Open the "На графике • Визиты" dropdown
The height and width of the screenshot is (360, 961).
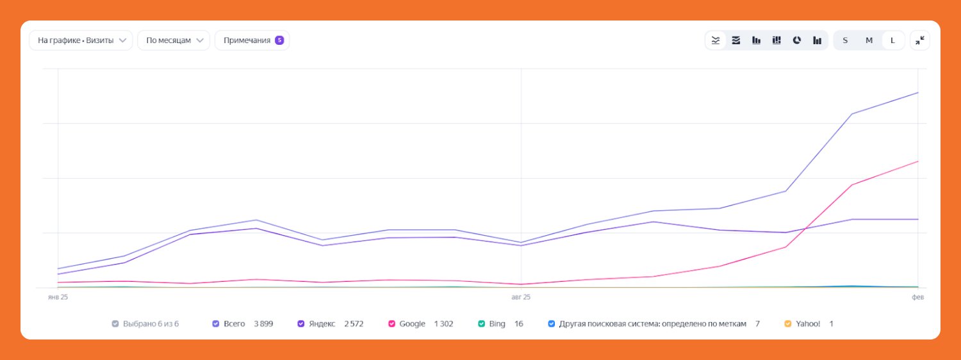pos(81,40)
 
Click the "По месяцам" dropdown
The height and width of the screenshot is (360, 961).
pos(174,40)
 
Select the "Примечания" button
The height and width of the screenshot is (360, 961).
pos(246,40)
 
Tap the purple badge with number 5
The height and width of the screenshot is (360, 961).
pos(279,40)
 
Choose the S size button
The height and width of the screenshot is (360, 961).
pos(845,40)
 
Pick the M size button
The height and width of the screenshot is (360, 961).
pos(869,40)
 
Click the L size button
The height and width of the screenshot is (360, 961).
pos(893,40)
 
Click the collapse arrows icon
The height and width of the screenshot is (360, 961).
pos(919,40)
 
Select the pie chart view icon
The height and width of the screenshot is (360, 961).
pos(797,40)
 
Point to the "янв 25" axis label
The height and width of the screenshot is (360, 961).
pos(58,297)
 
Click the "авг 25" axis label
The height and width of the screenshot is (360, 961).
pos(521,297)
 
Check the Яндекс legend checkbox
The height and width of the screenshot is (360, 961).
pos(301,324)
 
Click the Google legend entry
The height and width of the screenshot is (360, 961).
pos(412,324)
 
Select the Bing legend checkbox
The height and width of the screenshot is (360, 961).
pos(482,324)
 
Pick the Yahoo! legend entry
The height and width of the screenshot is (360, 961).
pos(807,324)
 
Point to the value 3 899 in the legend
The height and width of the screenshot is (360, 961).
pos(263,324)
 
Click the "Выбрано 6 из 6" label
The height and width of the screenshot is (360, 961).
pos(151,324)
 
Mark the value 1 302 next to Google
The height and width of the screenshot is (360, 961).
pos(443,324)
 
